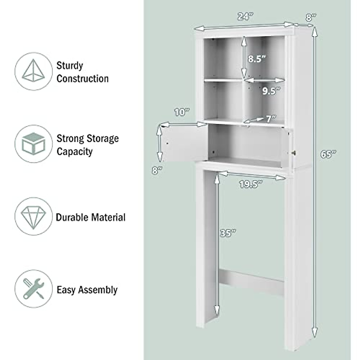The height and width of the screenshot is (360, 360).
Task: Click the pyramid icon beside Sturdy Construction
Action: click(33, 71)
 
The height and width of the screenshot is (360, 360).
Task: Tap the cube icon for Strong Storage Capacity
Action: click(33, 144)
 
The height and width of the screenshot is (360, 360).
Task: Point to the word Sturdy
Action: click(70, 65)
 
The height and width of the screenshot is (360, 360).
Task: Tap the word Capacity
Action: click(75, 151)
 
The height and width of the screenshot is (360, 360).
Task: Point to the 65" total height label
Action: click(328, 154)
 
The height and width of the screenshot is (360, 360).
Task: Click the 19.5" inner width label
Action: click(251, 184)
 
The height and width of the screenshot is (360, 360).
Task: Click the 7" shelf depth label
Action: click(271, 119)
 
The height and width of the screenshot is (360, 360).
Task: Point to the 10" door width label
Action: click(182, 113)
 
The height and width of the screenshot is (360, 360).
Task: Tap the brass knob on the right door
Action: click(294, 153)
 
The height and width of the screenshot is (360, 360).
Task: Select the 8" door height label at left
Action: click(157, 171)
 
